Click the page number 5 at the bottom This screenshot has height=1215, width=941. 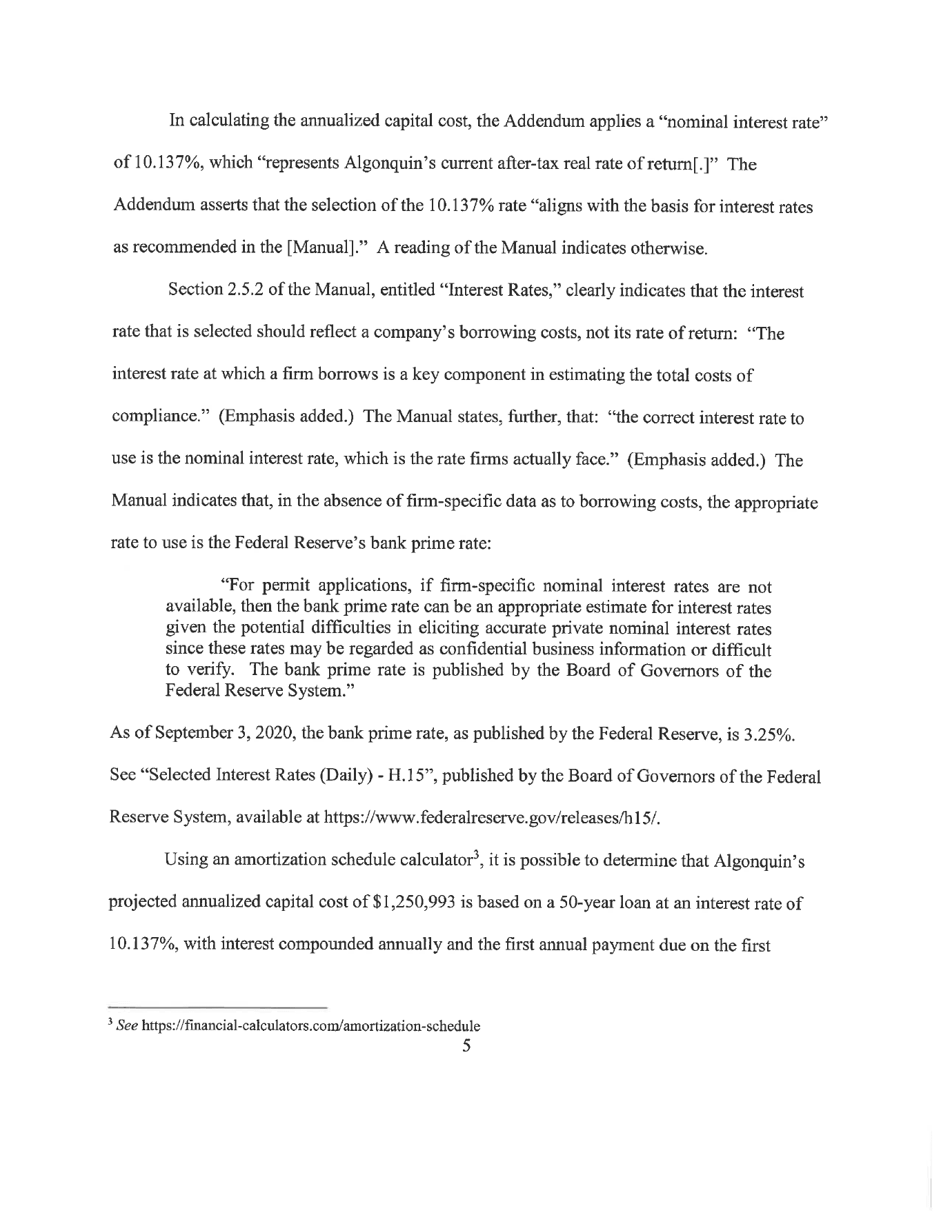pyautogui.click(x=467, y=1046)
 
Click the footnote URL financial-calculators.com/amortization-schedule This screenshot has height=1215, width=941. pyautogui.click(x=310, y=1025)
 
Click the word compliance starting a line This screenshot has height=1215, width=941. pyautogui.click(x=151, y=419)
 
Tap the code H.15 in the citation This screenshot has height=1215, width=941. pyautogui.click(x=407, y=776)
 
